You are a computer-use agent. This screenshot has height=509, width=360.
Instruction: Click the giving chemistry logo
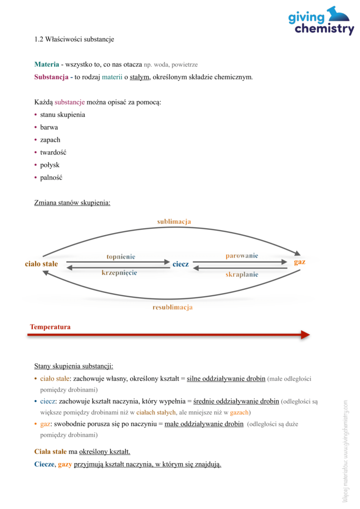click(321, 22)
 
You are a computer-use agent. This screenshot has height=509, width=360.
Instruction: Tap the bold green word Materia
click(47, 65)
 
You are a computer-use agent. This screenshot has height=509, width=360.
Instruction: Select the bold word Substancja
click(51, 77)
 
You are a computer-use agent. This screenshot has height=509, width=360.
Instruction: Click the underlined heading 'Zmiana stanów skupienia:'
click(72, 203)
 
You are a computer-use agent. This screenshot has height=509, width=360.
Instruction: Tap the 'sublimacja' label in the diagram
click(174, 222)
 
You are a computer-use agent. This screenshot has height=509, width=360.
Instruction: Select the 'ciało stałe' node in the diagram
click(42, 264)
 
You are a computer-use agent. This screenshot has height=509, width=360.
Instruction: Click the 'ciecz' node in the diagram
click(180, 264)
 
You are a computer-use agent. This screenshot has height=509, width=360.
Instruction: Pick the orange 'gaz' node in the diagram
click(299, 262)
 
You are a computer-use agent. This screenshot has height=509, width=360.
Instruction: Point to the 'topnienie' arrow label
click(121, 256)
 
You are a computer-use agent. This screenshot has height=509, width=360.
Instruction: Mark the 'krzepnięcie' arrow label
click(119, 272)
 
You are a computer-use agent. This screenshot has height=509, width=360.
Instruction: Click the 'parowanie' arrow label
click(242, 255)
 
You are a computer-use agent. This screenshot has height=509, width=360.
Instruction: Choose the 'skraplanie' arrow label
click(242, 274)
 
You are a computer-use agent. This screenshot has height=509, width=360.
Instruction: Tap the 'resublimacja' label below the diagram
click(172, 308)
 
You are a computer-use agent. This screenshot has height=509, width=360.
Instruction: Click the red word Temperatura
click(50, 327)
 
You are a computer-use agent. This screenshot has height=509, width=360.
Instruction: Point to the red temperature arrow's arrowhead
click(305, 336)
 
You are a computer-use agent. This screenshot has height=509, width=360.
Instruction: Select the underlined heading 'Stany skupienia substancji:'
click(74, 366)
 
